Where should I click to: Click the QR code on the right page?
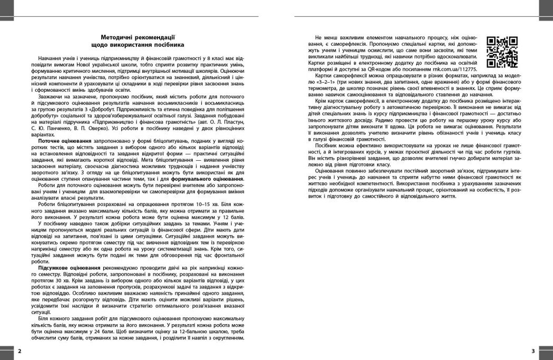[501, 52]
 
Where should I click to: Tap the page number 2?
[19, 351]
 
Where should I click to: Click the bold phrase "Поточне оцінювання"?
[65, 143]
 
